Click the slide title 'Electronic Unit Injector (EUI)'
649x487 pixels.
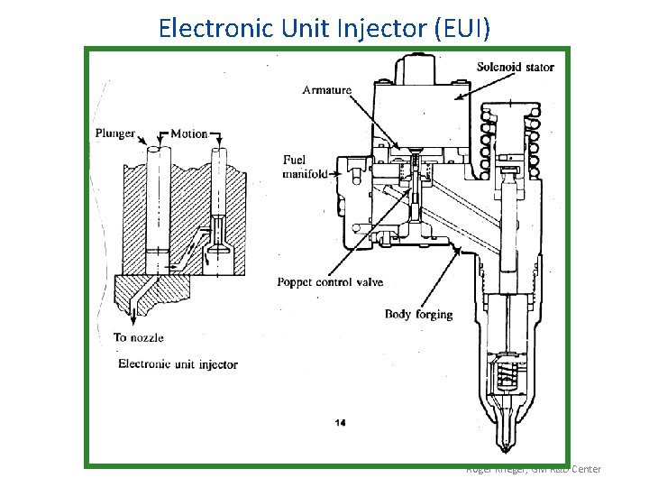click(324, 27)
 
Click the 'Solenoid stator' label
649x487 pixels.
click(515, 67)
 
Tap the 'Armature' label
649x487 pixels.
click(326, 90)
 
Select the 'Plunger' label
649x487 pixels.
click(114, 133)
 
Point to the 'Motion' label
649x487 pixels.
click(188, 133)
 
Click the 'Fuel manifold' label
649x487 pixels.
click(305, 167)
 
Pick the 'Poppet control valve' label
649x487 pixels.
click(330, 282)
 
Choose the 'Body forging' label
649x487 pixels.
click(418, 314)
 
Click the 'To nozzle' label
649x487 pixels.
click(138, 338)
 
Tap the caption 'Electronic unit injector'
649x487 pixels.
click(178, 364)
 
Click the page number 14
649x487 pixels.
click(340, 422)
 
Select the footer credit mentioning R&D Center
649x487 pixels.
click(533, 469)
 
